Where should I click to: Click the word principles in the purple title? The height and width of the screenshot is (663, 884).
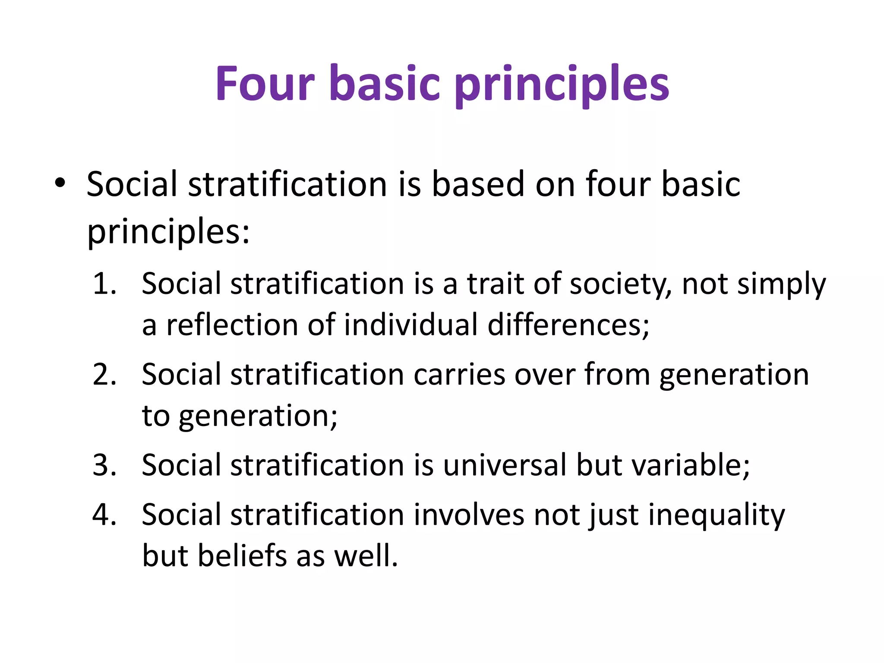pyautogui.click(x=562, y=84)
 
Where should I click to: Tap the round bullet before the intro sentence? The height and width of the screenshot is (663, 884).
pyautogui.click(x=60, y=183)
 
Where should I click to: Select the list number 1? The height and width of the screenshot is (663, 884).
pyautogui.click(x=104, y=284)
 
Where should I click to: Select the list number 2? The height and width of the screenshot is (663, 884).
pyautogui.click(x=104, y=374)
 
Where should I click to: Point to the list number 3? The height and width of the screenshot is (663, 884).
pyautogui.click(x=104, y=465)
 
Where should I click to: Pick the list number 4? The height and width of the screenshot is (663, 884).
pyautogui.click(x=104, y=515)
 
